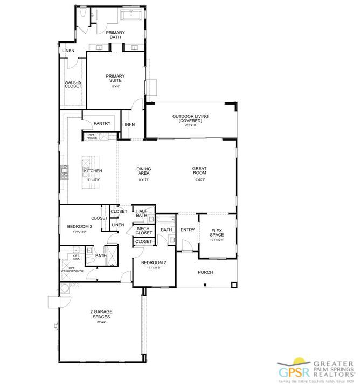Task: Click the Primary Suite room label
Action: point(115,78)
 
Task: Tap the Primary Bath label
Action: point(115,35)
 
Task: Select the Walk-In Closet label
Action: point(73,84)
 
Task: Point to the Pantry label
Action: point(102,124)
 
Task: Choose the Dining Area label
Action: point(143,171)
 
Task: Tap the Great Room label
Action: point(199,171)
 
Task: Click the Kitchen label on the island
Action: point(93,171)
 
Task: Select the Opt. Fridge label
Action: point(91,137)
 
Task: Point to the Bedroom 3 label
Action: point(80,227)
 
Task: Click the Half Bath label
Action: point(142,213)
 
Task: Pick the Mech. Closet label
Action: point(143,231)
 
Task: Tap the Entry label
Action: point(188,230)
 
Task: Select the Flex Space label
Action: point(217,232)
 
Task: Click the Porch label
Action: point(205,272)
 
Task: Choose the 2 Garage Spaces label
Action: point(101,314)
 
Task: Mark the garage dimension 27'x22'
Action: point(101,322)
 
